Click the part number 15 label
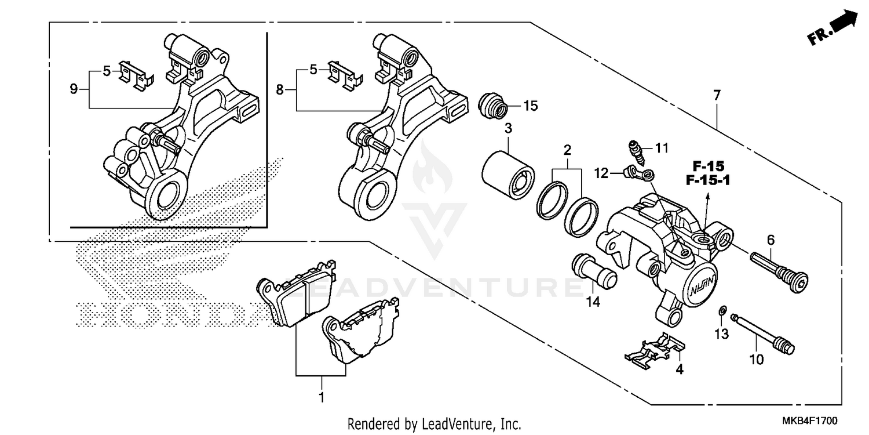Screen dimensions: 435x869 pyautogui.click(x=531, y=106)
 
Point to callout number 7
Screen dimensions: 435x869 pyautogui.click(x=717, y=96)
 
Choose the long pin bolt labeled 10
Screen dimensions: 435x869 pyautogui.click(x=764, y=333)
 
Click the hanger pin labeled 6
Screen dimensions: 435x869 pyautogui.click(x=776, y=269)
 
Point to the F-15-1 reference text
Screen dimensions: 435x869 pyautogui.click(x=707, y=181)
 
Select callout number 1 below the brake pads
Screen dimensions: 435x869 pyautogui.click(x=322, y=398)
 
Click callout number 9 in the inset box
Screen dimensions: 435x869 pyautogui.click(x=74, y=89)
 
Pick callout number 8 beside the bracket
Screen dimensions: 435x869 pyautogui.click(x=280, y=90)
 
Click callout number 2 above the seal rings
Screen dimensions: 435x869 pyautogui.click(x=567, y=150)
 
